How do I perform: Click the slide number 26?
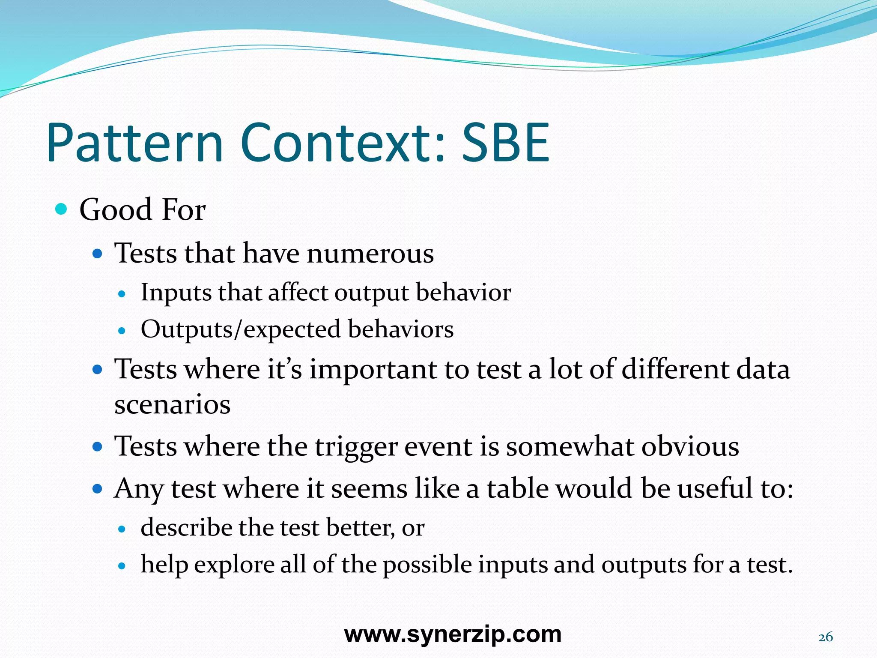coord(826,637)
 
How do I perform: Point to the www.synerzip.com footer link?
coord(453,634)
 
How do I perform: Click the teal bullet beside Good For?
coord(62,209)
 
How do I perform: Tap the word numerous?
coord(370,253)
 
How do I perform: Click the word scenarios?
coord(172,404)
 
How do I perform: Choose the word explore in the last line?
coord(234,565)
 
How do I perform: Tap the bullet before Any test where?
coord(98,488)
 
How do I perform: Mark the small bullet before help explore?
coord(122,566)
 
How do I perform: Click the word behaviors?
coord(400,329)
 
